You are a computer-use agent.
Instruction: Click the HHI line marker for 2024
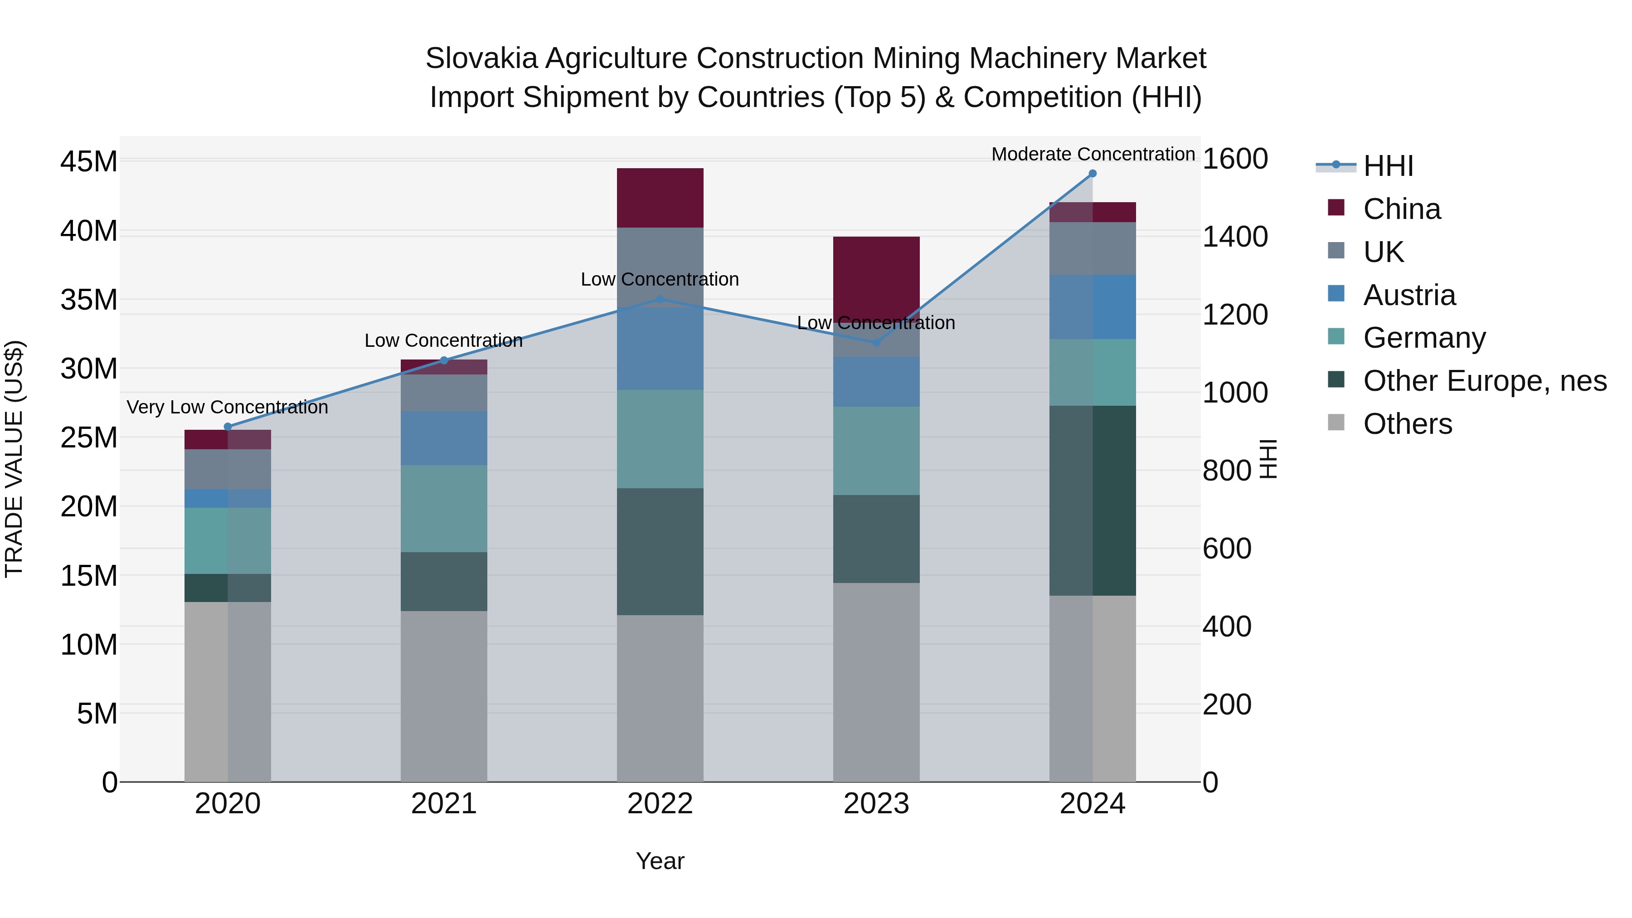tap(1092, 174)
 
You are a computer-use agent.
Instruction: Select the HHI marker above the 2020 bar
tap(228, 427)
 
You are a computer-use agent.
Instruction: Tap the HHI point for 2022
tap(660, 299)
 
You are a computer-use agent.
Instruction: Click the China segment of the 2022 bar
tap(660, 198)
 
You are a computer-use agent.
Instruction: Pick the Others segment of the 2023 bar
tap(876, 682)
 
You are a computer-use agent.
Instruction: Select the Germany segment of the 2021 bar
tap(443, 508)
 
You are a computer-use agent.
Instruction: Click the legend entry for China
tap(1401, 209)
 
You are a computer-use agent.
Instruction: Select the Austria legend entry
tap(1409, 295)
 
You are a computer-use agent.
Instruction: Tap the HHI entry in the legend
tap(1388, 166)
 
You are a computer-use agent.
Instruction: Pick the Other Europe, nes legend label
tap(1484, 381)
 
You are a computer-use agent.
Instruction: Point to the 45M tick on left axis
tap(89, 161)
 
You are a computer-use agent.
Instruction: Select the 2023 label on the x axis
tap(876, 804)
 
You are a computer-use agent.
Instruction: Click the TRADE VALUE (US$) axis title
tap(14, 459)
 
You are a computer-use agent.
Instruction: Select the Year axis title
tap(660, 861)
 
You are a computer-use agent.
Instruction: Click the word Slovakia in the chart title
tap(481, 58)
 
